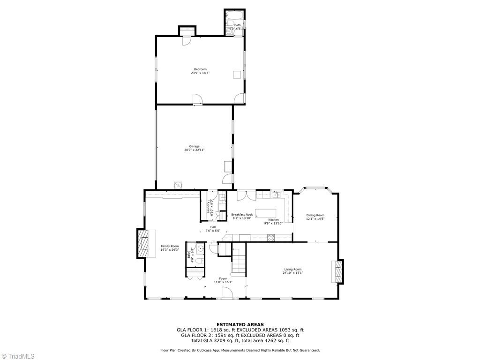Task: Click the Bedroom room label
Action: pyautogui.click(x=200, y=69)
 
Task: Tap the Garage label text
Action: pyautogui.click(x=194, y=146)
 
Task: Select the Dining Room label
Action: pyautogui.click(x=315, y=215)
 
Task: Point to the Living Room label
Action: pyautogui.click(x=292, y=270)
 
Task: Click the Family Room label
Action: pyautogui.click(x=170, y=246)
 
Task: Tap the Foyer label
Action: pyautogui.click(x=223, y=278)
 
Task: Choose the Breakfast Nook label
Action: pyautogui.click(x=242, y=214)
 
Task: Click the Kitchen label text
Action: pyautogui.click(x=273, y=220)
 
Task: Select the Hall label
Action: pyautogui.click(x=213, y=227)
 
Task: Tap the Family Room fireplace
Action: pyautogui.click(x=142, y=243)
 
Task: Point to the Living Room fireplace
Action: pyautogui.click(x=338, y=271)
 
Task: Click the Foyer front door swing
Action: pyautogui.click(x=227, y=293)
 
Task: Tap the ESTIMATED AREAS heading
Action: pyautogui.click(x=240, y=324)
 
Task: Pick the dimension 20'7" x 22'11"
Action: pyautogui.click(x=194, y=150)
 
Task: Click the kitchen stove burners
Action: pyautogui.click(x=271, y=238)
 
